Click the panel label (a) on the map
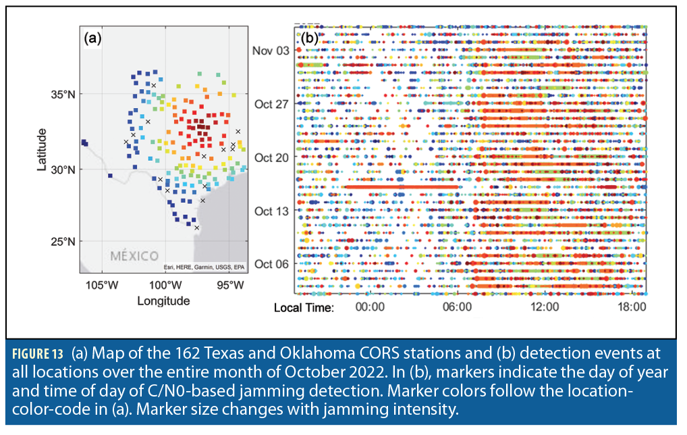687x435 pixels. [x=92, y=39]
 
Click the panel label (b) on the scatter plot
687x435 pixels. [x=309, y=39]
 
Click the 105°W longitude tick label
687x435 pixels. [x=102, y=284]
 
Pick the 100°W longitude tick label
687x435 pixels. [x=166, y=284]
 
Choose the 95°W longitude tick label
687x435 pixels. [x=229, y=284]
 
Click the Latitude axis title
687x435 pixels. [x=43, y=149]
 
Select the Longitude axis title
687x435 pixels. [x=163, y=301]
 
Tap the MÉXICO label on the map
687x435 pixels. [x=134, y=257]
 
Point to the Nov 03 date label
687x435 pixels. [x=271, y=51]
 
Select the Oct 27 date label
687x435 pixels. [x=272, y=104]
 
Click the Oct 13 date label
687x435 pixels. [x=272, y=211]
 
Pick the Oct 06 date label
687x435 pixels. [x=272, y=263]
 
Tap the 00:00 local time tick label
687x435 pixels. [x=369, y=307]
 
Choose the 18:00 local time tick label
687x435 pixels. [x=632, y=307]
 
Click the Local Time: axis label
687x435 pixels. [x=304, y=307]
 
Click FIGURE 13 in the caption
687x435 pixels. [x=38, y=353]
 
